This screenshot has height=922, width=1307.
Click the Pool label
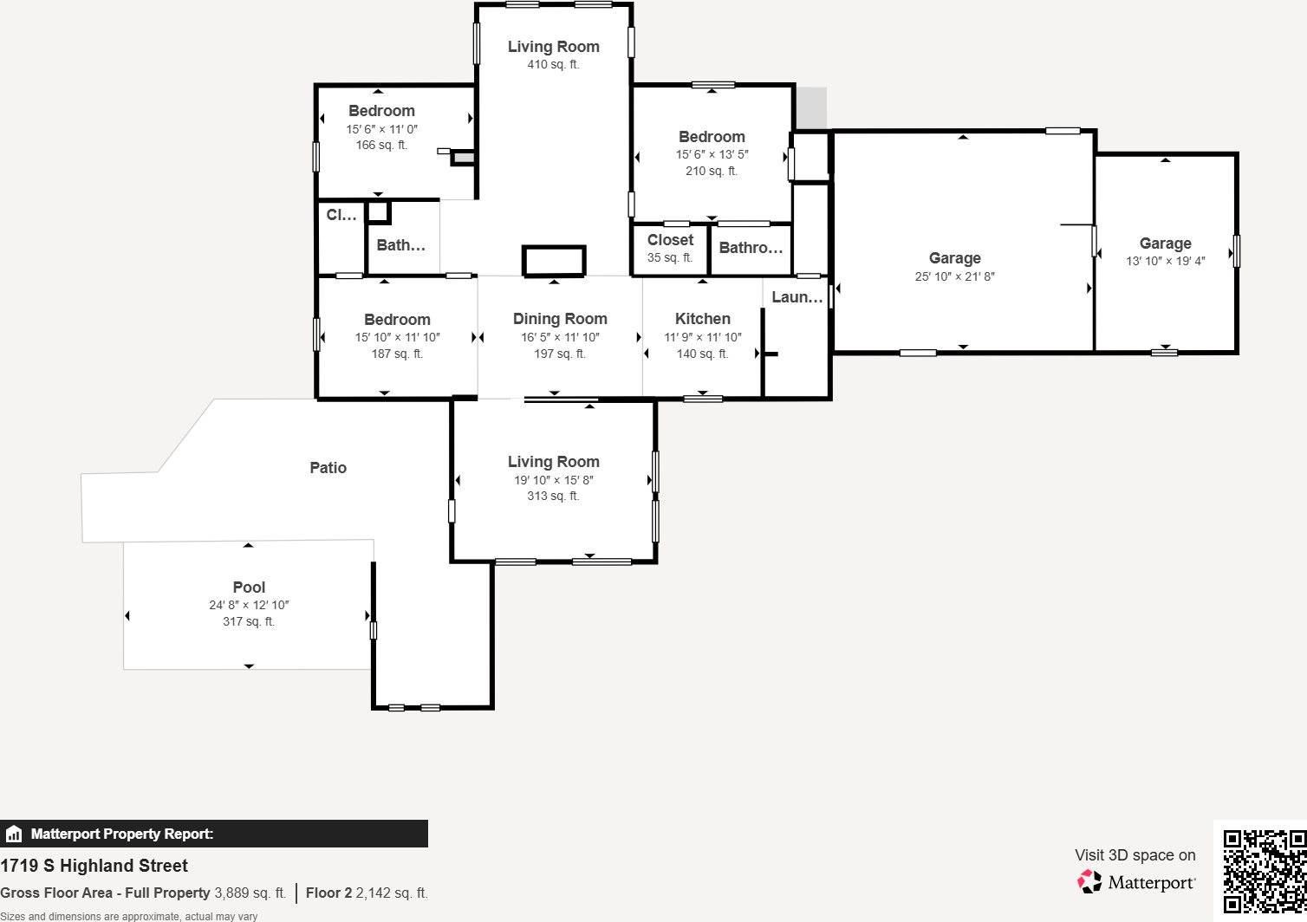pos(249,588)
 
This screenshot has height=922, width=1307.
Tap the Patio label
pos(328,468)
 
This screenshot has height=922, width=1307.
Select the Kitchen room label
pos(702,319)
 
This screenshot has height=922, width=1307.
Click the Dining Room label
pos(560,319)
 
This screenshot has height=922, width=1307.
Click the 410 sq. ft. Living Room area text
pos(553,64)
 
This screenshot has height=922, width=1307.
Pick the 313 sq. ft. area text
pos(553,496)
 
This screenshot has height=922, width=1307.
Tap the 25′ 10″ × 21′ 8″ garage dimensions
pos(954,276)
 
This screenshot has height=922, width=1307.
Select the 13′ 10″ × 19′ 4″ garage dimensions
pos(1165,261)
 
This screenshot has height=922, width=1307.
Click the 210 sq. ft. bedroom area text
pos(711,171)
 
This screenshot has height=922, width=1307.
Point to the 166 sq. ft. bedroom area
pos(381,145)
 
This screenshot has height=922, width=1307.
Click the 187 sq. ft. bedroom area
pos(397,354)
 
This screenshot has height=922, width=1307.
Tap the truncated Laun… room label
pos(797,297)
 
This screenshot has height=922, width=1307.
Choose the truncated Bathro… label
pos(751,248)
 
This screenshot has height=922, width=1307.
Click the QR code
pos(1264,870)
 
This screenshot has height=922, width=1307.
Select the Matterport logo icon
pos(1089,882)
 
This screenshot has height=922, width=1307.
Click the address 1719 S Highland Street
pos(94,866)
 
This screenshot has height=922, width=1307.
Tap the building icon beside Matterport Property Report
pos(14,834)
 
